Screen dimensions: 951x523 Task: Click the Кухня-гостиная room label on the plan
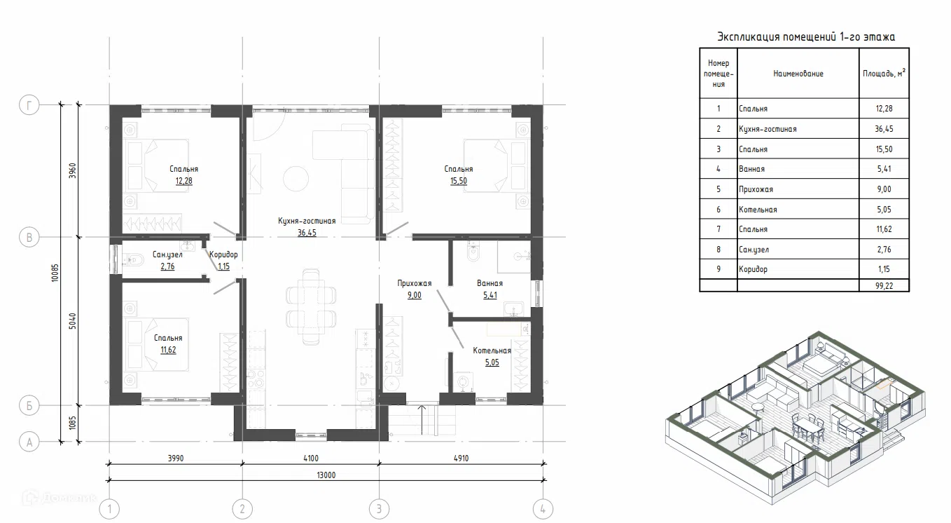(x=307, y=221)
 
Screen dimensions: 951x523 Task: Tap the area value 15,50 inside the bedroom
(x=459, y=181)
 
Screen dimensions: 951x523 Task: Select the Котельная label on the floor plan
(x=492, y=351)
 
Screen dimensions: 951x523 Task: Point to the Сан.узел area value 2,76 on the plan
(x=167, y=266)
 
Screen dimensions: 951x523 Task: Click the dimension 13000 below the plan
(x=326, y=475)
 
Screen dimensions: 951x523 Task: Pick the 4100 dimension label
(x=311, y=459)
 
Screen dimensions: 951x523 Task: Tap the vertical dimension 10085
(x=55, y=273)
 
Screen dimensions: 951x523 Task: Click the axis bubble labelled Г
(x=29, y=105)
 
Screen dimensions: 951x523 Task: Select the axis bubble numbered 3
(x=379, y=508)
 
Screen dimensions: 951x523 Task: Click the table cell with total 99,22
(x=884, y=286)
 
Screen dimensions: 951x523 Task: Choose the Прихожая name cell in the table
(x=798, y=189)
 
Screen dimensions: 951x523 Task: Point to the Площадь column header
(x=884, y=73)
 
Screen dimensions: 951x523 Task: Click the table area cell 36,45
(x=884, y=129)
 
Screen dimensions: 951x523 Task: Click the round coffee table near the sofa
(x=296, y=179)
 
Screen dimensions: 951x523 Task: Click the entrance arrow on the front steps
(x=422, y=420)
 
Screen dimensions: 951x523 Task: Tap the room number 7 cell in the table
(x=719, y=229)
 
